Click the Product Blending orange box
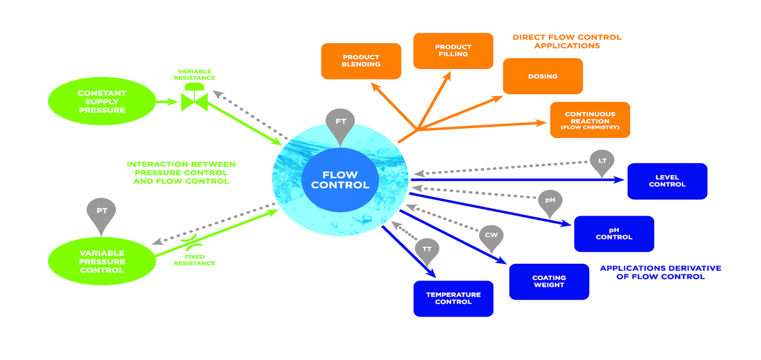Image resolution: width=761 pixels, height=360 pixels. point(361,61)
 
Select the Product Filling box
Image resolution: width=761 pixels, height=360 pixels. point(453,51)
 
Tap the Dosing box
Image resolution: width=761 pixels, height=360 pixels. point(543,76)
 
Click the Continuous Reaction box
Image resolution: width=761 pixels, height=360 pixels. point(590,120)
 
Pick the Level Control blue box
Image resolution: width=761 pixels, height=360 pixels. point(667,181)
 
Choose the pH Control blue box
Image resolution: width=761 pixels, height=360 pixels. point(614,234)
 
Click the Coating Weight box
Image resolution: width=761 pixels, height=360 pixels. point(549,281)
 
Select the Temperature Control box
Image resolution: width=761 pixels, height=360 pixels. point(453,299)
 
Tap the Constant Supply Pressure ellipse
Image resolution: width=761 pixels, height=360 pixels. point(101,102)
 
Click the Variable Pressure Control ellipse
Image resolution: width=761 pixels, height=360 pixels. point(101,262)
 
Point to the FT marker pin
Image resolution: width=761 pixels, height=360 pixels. point(341,125)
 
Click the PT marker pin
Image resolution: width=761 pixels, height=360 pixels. point(101,214)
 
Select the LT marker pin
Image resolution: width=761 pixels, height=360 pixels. point(601,161)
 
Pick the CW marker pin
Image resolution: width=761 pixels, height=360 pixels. point(491,236)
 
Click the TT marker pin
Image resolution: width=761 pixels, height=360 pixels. point(427,251)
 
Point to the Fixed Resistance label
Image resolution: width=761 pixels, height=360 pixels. point(194,260)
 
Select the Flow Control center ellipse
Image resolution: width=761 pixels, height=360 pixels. point(340,180)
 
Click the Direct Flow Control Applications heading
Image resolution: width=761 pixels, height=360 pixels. point(567,41)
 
